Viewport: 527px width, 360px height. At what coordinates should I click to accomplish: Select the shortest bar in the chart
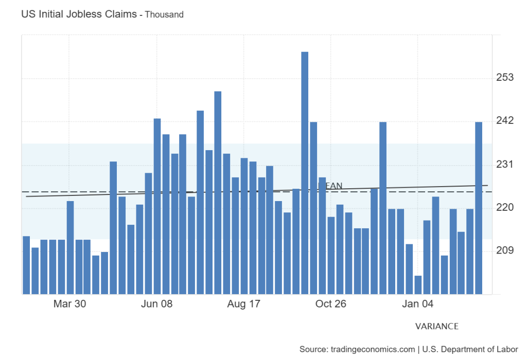(x=418, y=285)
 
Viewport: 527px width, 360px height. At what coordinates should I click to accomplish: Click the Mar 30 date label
(x=69, y=304)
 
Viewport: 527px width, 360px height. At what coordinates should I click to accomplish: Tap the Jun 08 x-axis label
(x=156, y=304)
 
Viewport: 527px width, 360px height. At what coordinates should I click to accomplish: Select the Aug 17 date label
(x=243, y=304)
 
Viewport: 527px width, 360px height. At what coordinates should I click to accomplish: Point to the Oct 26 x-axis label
(x=330, y=304)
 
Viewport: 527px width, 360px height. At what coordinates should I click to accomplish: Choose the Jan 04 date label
(x=417, y=304)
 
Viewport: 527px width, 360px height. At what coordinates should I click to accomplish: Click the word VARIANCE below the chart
(x=436, y=327)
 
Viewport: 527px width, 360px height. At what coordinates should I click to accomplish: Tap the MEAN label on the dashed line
(x=330, y=186)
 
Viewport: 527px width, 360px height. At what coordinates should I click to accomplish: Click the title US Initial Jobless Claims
(x=79, y=14)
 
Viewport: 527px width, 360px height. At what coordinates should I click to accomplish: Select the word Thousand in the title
(x=164, y=15)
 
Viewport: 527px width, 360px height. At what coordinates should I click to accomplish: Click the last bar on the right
(x=479, y=208)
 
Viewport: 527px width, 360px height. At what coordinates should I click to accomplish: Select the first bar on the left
(x=26, y=265)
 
